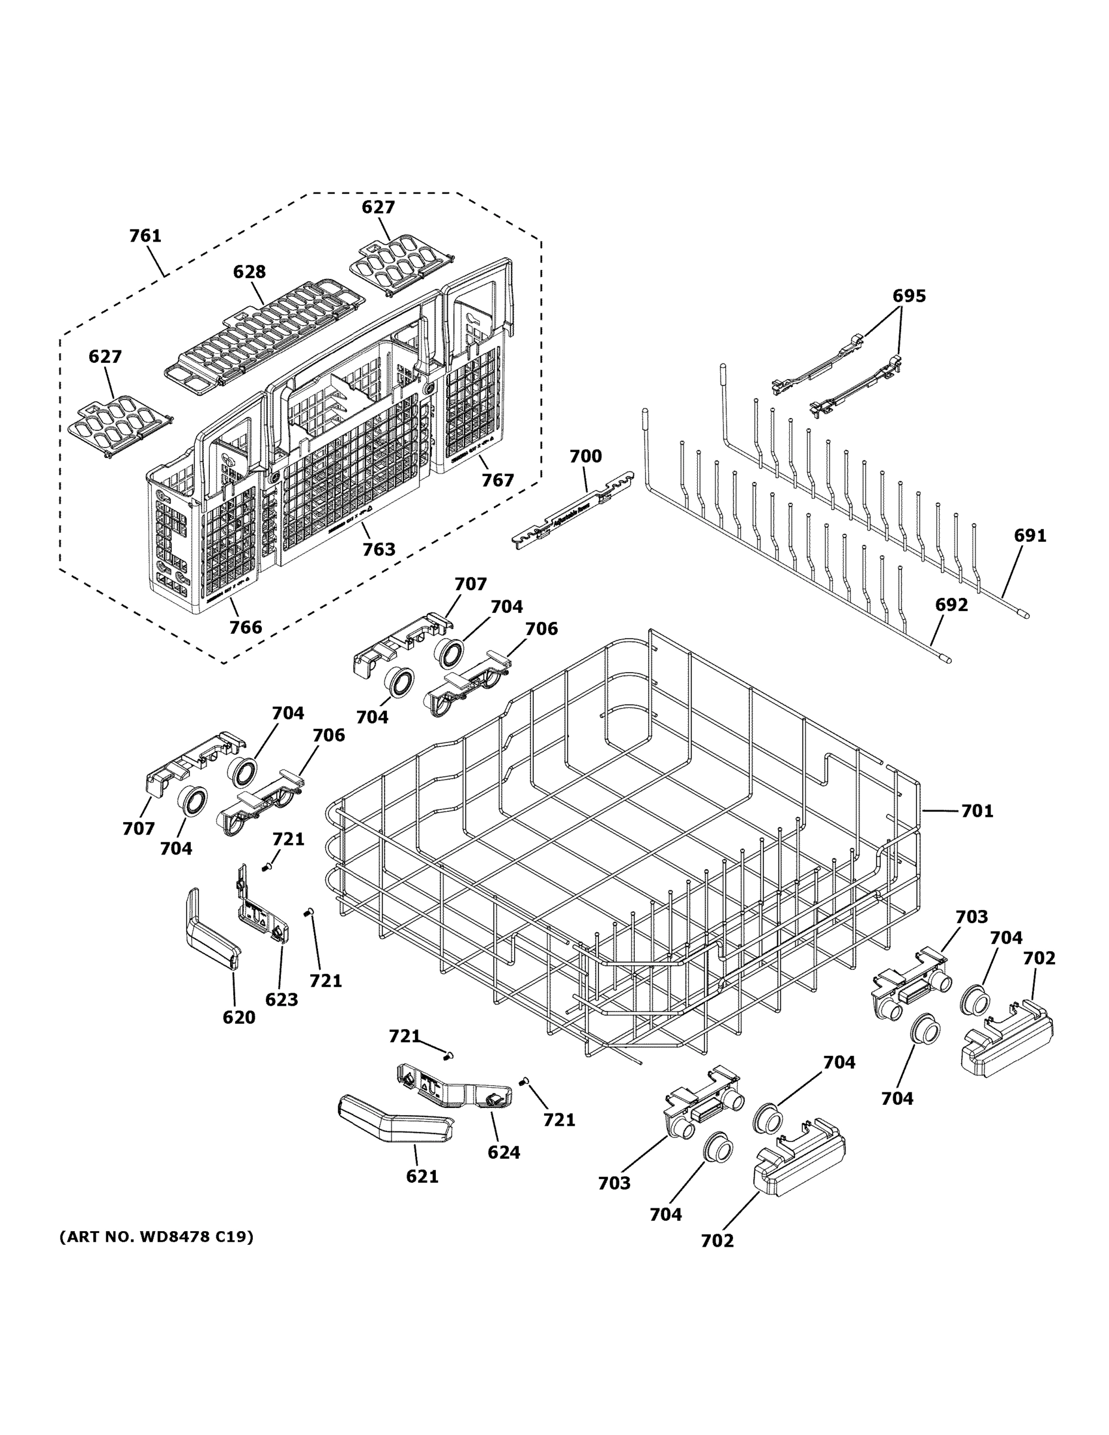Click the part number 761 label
click(x=145, y=235)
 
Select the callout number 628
click(x=250, y=271)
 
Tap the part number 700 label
click(x=585, y=456)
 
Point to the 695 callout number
click(x=909, y=297)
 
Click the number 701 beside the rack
click(x=977, y=811)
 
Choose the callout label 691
click(x=1029, y=536)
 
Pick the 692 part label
click(x=951, y=604)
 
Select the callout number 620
click(x=239, y=1017)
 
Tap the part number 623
click(x=281, y=999)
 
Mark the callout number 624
click(x=503, y=1152)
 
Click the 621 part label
click(x=422, y=1176)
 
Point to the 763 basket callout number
click(x=379, y=549)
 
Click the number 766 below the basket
click(x=245, y=627)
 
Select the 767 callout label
click(x=497, y=480)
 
